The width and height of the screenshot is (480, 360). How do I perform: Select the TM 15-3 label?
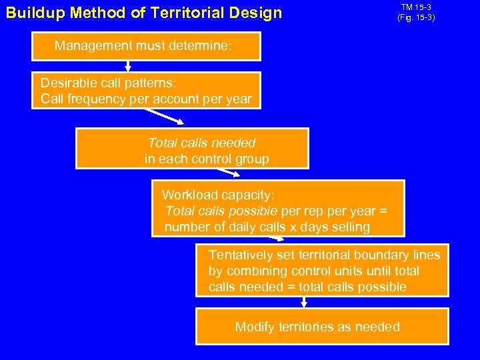[416, 7]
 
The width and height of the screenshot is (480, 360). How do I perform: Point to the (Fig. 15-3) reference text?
[416, 17]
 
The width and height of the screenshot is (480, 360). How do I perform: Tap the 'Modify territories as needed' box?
[322, 326]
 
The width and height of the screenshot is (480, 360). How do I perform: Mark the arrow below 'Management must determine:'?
[128, 65]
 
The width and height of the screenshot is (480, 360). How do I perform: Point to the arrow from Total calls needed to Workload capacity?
[228, 173]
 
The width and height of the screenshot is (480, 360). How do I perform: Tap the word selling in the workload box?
[349, 227]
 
